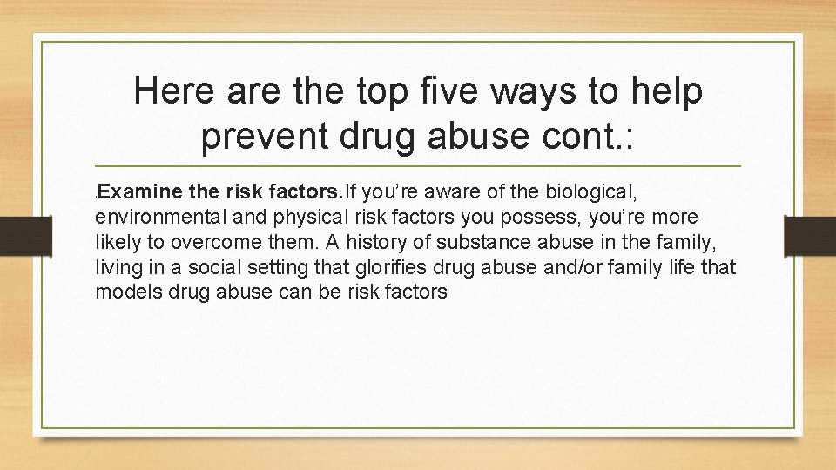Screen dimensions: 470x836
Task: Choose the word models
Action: point(125,292)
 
